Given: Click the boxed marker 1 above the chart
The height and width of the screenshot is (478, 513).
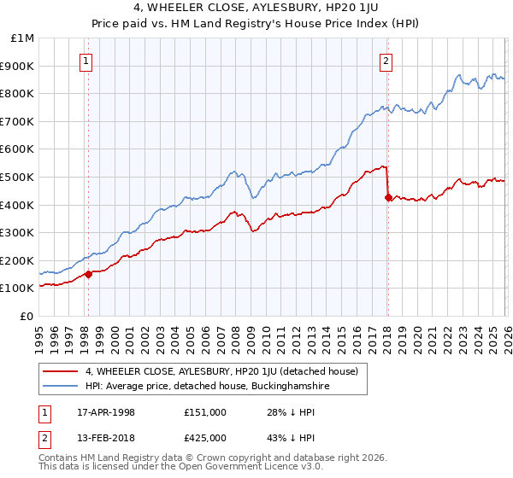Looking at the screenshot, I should [x=88, y=61].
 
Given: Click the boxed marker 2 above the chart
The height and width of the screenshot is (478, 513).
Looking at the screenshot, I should [x=386, y=61].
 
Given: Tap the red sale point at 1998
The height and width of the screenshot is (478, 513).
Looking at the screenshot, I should [x=88, y=274].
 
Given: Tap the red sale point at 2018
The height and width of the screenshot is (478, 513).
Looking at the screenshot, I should [x=387, y=197].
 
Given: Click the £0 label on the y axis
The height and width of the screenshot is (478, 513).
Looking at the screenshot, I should [x=28, y=316].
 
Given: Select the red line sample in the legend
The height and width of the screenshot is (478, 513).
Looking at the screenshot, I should [x=61, y=371].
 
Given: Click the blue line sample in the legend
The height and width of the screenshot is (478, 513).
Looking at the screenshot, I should [x=61, y=387].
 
